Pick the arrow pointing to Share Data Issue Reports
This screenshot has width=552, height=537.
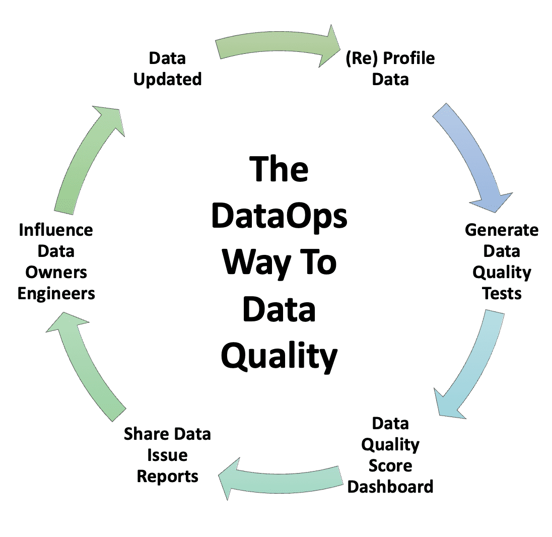tap(282, 480)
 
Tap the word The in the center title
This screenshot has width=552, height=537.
tap(279, 169)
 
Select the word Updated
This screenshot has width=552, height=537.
tap(168, 80)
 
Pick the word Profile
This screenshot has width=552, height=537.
tap(409, 58)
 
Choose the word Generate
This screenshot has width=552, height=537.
tap(502, 230)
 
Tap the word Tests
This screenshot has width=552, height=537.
tap(502, 293)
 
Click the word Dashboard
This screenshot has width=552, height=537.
tap(390, 487)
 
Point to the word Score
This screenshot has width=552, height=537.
tap(390, 465)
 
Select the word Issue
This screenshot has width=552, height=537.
tap(167, 455)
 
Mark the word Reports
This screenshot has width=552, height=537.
tap(168, 477)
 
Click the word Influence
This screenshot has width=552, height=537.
tap(56, 230)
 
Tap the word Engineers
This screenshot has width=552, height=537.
tap(56, 294)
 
